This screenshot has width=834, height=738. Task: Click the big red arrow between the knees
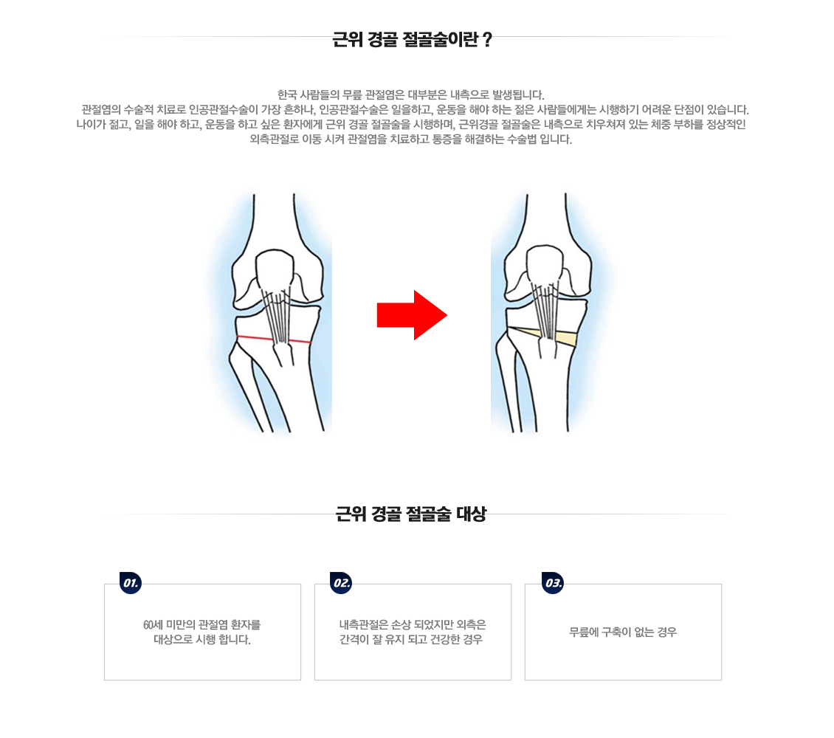point(410,315)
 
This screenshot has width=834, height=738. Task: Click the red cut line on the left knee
point(273,339)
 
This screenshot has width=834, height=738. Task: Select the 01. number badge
point(131,583)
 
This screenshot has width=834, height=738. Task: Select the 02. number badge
point(341,583)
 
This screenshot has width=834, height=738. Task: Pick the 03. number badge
point(552,583)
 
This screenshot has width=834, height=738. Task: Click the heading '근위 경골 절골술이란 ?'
point(412,40)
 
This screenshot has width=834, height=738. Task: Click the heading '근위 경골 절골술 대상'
point(411,514)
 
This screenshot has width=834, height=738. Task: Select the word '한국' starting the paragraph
point(286,94)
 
